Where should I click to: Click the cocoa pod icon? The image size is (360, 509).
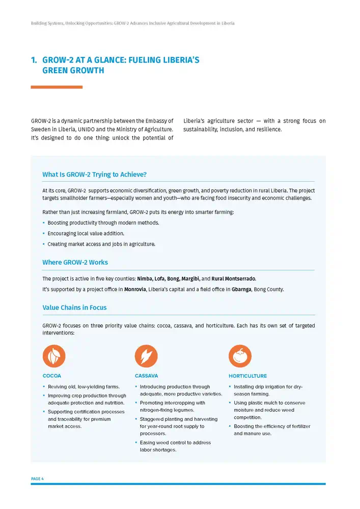point(54,356)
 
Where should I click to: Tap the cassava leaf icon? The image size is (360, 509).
point(146,356)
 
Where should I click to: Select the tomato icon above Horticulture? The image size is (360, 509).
point(240,356)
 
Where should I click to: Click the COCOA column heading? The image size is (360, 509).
point(52,376)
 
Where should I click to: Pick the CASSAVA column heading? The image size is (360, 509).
point(146,376)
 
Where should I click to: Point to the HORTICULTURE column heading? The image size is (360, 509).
point(247,376)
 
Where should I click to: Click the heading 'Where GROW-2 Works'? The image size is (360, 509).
point(75,263)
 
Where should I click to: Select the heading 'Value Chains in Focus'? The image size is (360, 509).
point(74,307)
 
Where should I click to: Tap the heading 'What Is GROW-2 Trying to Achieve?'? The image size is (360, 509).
point(94,175)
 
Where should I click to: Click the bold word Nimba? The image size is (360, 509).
point(144,279)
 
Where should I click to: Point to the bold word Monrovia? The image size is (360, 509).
point(135,290)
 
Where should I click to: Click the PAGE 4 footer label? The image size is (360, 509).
point(37,479)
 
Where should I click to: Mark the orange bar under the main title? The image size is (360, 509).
point(57,87)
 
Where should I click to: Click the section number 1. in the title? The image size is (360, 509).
point(34,60)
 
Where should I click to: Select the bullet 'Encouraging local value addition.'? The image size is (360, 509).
point(86,234)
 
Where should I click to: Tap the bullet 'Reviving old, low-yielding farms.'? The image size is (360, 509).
point(84,387)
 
